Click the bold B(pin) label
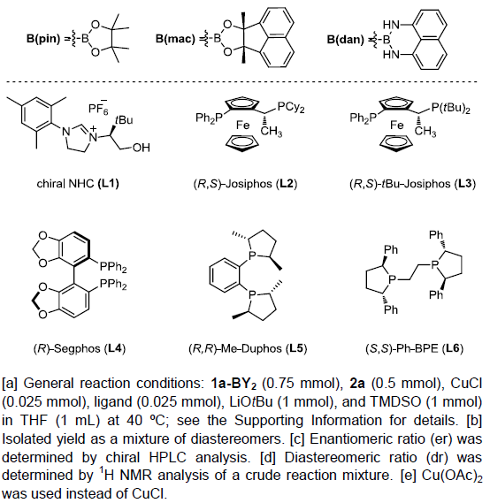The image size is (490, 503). (x=43, y=39)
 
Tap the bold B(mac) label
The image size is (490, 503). (x=175, y=39)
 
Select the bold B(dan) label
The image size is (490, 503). (x=346, y=40)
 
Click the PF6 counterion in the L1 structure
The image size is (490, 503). (x=98, y=108)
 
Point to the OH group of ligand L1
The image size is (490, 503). (x=141, y=148)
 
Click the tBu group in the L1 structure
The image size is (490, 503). (x=124, y=120)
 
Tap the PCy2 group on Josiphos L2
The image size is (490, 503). (x=291, y=107)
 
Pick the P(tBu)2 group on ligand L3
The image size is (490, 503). (x=450, y=108)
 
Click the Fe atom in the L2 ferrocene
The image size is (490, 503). (x=242, y=125)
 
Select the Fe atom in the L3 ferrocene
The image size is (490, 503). (x=396, y=125)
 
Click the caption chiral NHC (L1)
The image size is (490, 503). (x=78, y=184)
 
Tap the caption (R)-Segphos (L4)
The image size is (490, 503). (x=80, y=348)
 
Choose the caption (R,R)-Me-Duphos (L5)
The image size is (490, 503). (x=248, y=348)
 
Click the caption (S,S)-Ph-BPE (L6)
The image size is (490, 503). (x=414, y=348)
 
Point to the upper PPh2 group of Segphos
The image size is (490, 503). (x=113, y=267)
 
